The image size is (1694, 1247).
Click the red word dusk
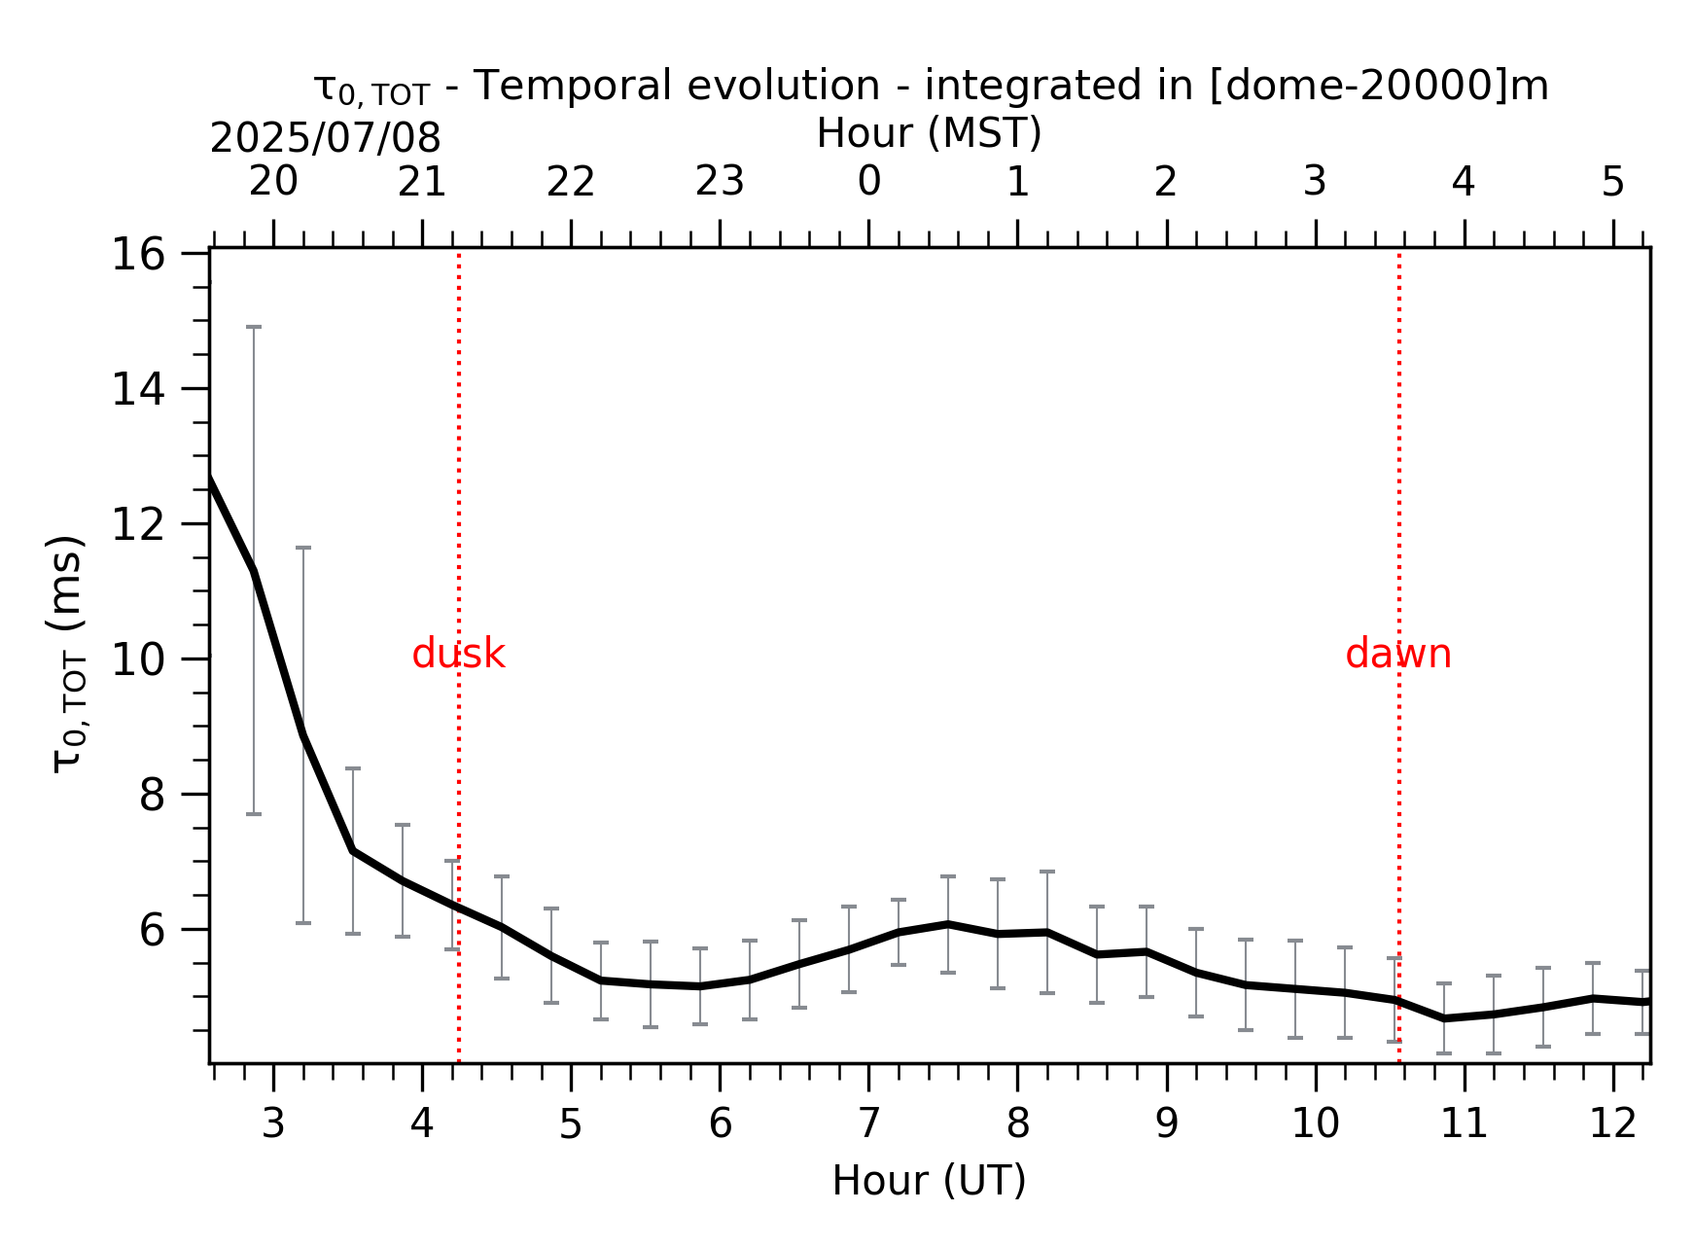[458, 654]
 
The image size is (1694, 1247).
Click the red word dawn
[1398, 654]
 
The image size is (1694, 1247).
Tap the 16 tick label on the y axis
[138, 255]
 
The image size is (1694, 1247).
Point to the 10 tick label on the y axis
[138, 659]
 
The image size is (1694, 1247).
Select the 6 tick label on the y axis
[153, 930]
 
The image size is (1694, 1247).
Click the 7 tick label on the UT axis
[868, 1123]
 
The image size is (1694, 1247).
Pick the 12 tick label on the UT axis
[1613, 1123]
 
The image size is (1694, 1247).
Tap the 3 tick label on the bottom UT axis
[273, 1123]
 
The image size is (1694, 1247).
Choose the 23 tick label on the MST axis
[720, 181]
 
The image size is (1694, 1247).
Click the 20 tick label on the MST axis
[273, 181]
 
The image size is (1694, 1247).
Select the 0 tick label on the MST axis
[868, 181]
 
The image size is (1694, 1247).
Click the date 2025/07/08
[325, 138]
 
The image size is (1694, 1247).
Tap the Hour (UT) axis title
[929, 1180]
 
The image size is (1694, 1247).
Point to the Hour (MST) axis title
[929, 133]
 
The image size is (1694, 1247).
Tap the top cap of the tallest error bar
[254, 327]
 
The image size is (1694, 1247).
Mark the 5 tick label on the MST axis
[1613, 181]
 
